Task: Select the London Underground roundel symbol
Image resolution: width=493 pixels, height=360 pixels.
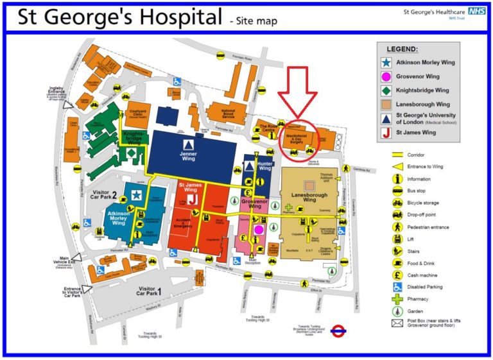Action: (x=338, y=332)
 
